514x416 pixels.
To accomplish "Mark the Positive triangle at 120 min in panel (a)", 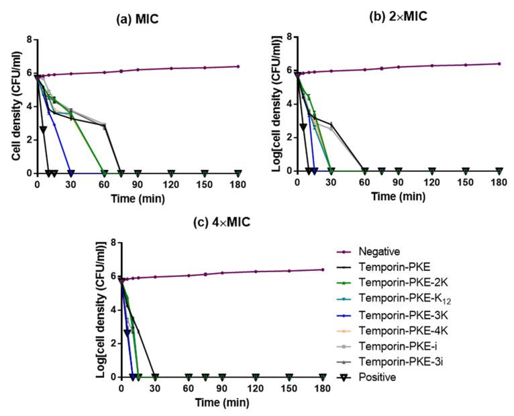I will pos(171,173).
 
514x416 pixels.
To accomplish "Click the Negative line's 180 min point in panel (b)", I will pos(499,64).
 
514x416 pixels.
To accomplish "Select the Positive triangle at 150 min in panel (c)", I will pos(289,376).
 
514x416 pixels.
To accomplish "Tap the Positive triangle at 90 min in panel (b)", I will pos(398,171).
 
